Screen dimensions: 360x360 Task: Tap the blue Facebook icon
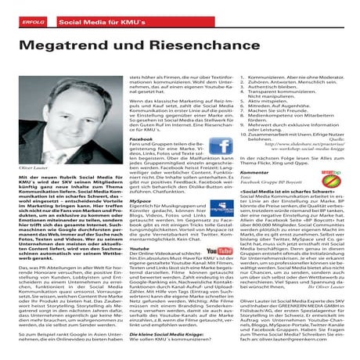(x=220, y=146)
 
